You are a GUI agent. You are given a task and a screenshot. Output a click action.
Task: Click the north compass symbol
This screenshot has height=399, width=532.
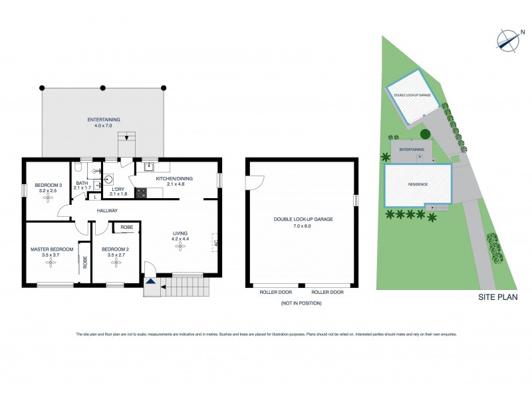508,40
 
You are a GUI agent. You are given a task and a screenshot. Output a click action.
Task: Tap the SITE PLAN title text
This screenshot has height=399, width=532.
498,297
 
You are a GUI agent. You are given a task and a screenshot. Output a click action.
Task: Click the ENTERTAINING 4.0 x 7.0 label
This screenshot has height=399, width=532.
103,122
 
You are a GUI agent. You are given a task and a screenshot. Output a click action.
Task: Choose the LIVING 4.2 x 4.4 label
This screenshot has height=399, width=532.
180,236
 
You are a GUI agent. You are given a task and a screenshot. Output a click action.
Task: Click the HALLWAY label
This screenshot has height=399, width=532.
106,211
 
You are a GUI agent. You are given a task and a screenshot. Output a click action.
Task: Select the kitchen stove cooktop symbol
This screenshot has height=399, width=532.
141,193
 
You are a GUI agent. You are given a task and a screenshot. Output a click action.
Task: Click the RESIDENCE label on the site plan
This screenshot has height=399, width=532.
418,184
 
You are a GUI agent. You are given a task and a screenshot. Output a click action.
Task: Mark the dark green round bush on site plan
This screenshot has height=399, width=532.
425,134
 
